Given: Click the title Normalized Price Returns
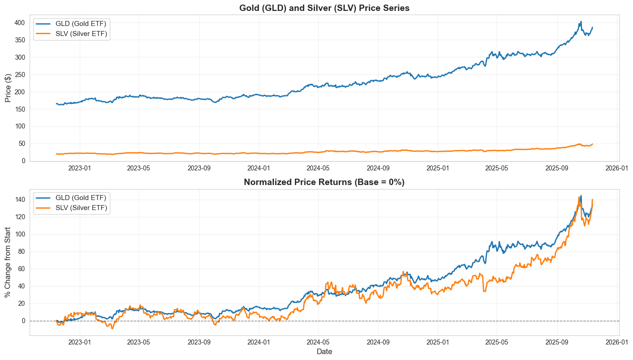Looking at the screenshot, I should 324,182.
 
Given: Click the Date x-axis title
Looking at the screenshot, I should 324,352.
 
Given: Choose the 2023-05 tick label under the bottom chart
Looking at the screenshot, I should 139,342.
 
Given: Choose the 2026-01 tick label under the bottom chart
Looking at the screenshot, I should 618,342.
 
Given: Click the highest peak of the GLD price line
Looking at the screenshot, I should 581,21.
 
